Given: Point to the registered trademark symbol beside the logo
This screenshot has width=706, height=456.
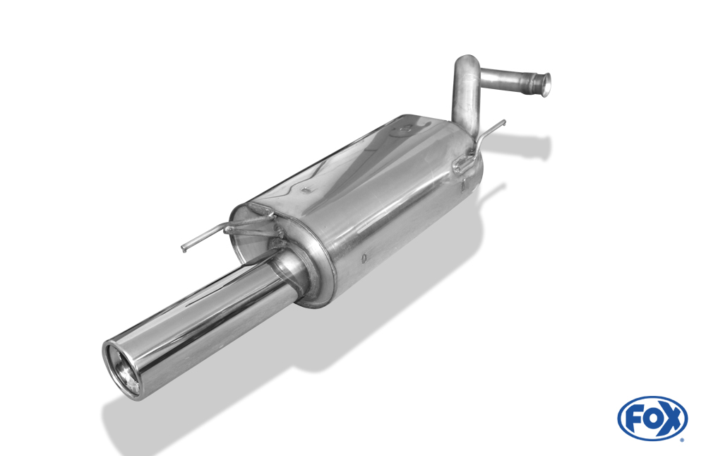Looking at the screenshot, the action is pyautogui.click(x=682, y=440).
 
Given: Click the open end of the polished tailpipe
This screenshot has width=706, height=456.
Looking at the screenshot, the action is pyautogui.click(x=122, y=368).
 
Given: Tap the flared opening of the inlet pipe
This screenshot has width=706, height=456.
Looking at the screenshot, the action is pyautogui.click(x=544, y=84).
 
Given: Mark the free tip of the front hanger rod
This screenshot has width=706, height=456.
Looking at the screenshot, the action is pyautogui.click(x=184, y=249).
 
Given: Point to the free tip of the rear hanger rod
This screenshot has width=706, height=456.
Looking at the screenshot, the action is pyautogui.click(x=503, y=122).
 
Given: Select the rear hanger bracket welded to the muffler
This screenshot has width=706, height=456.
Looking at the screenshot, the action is pyautogui.click(x=463, y=165).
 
